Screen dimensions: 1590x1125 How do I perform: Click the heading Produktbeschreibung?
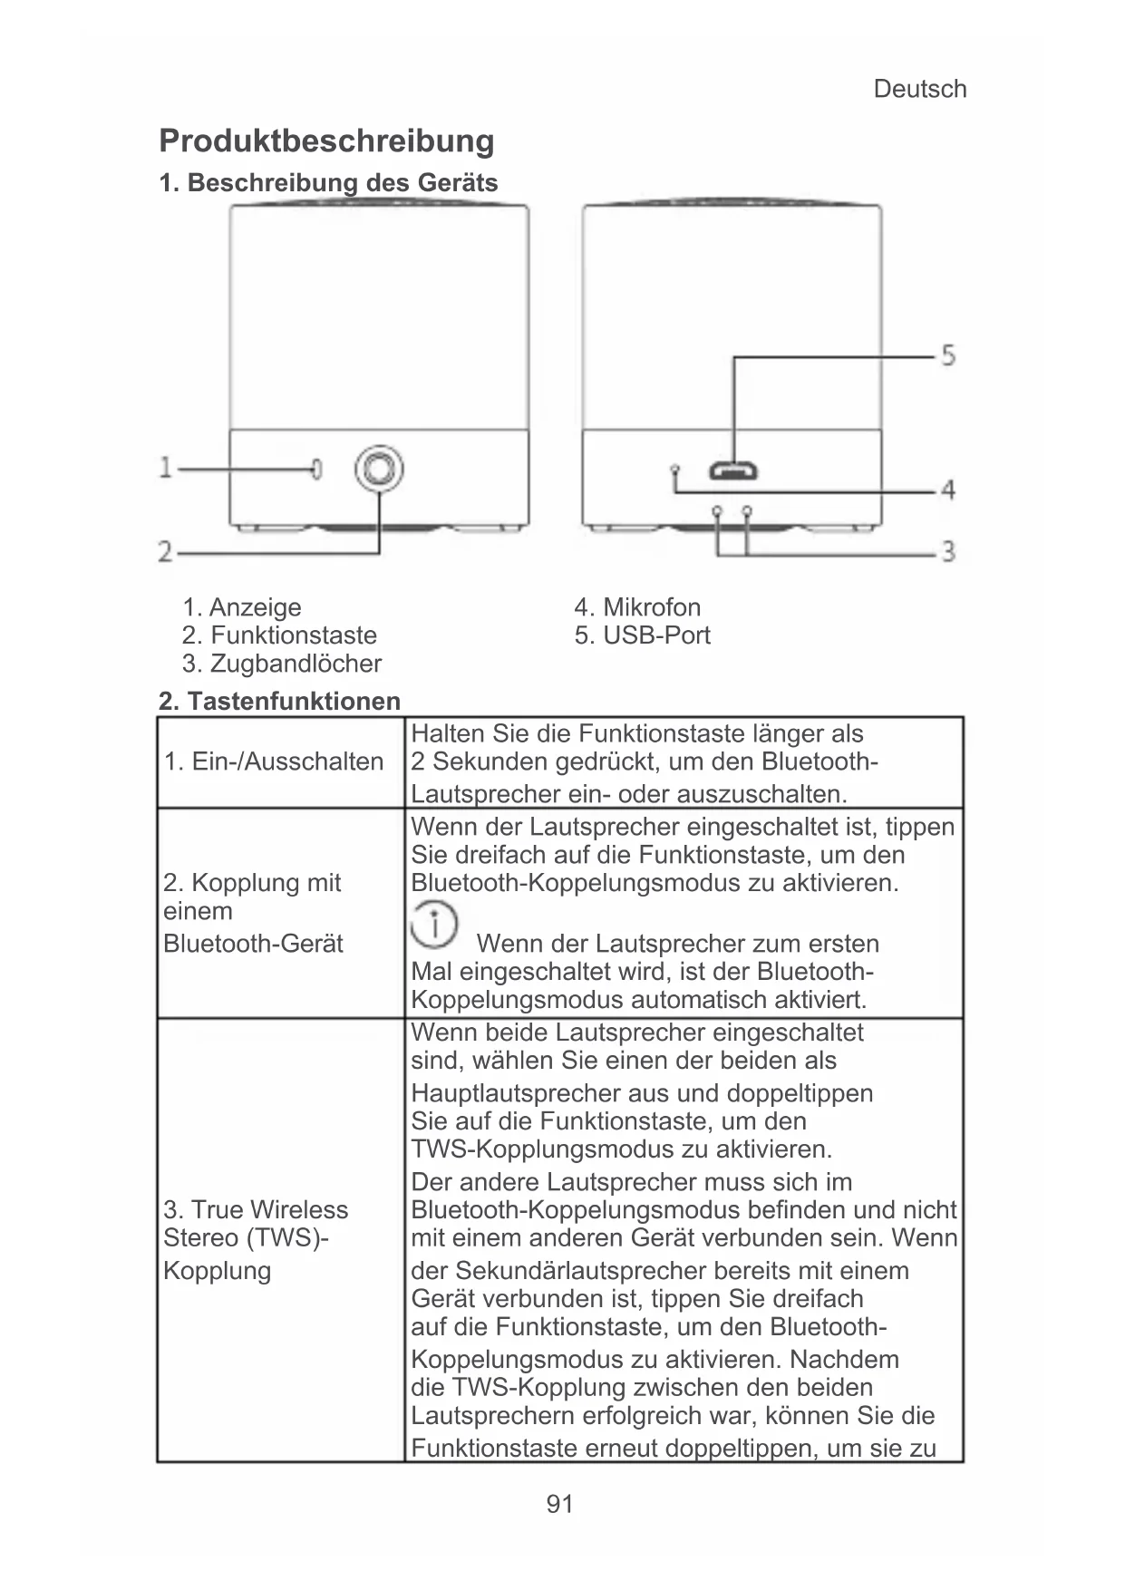coord(326,141)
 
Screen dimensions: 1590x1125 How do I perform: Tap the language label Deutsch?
coord(919,89)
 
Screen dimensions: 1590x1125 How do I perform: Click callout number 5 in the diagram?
coord(947,354)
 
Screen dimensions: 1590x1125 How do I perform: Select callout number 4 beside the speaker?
coord(947,490)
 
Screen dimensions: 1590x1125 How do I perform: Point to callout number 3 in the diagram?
coord(947,550)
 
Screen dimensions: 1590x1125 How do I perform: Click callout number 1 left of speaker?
coord(166,468)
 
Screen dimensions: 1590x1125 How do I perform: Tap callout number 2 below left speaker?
coord(166,551)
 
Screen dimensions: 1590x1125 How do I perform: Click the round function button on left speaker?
coord(379,469)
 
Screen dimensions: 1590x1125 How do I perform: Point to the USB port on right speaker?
coord(733,471)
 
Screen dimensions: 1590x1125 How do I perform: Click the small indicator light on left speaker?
coord(315,469)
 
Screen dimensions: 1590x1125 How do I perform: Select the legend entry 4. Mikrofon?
coord(637,607)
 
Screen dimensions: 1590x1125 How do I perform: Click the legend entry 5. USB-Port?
coord(642,635)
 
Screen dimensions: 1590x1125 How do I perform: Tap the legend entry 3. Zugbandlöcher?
coord(281,664)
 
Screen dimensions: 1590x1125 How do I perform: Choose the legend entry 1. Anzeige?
coord(241,607)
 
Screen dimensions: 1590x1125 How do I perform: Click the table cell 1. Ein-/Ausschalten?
coord(274,761)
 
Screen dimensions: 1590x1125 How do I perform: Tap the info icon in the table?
coord(434,925)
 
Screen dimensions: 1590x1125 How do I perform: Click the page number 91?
coord(560,1505)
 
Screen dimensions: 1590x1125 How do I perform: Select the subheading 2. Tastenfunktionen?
coord(279,701)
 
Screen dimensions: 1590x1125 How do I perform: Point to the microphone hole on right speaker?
coord(674,470)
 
